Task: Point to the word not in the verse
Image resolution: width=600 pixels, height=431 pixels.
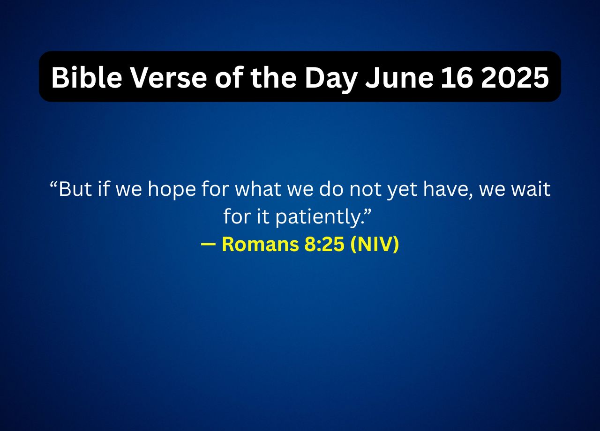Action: pos(363,190)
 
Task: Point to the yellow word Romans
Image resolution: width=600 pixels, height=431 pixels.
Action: pos(259,245)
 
